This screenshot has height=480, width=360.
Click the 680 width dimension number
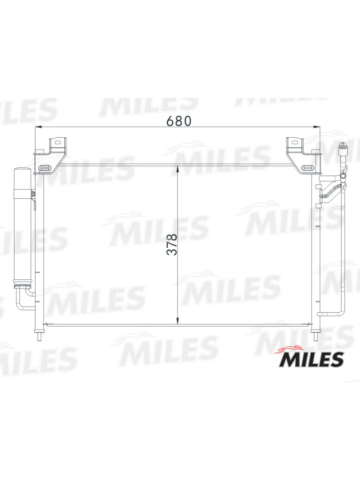pos(179,121)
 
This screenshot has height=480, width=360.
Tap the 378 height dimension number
pos(172,245)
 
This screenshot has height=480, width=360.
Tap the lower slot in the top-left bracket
pos(45,167)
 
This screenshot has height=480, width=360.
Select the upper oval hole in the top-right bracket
pos(294,142)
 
